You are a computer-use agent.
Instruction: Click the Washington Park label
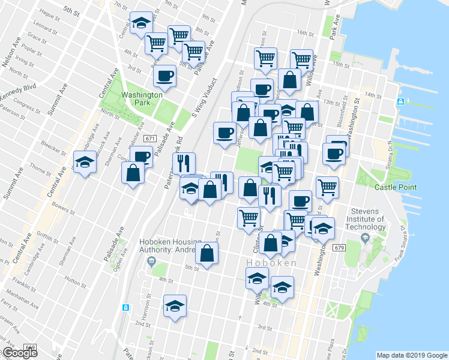142,98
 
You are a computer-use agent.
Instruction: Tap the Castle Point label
395,187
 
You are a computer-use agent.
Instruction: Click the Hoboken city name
271,263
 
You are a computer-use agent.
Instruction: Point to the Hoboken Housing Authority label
169,245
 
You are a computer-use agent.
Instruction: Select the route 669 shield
30,347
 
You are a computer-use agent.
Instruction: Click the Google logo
19,353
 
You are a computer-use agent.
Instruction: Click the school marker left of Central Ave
85,161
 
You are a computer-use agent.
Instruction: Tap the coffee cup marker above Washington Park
164,76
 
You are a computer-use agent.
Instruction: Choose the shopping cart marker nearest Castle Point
327,187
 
